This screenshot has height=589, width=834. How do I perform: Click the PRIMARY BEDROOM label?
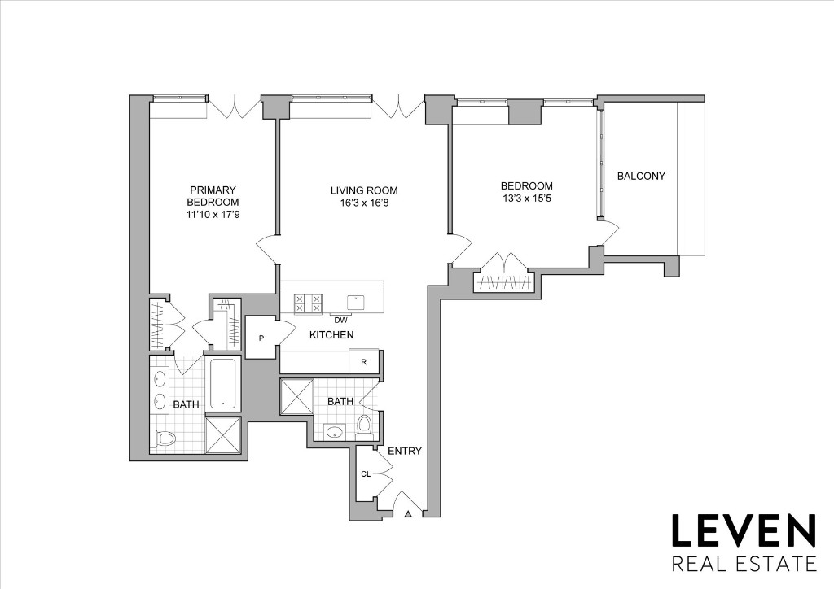213,196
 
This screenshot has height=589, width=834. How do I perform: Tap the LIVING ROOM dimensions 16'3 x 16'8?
364,203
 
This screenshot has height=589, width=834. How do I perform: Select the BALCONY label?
641,176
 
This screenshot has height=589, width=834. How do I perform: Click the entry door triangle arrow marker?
409,513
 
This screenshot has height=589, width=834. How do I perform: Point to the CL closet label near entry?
366,474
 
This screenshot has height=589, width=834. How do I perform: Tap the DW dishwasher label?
340,320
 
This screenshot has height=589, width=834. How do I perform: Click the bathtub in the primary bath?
223,382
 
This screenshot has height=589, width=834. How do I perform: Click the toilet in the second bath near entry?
365,424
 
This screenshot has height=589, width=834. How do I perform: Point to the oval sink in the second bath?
333,432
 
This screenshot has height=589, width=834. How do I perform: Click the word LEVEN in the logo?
743,530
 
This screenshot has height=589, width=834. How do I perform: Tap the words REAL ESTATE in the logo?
743,563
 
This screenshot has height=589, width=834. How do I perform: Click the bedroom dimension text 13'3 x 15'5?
527,198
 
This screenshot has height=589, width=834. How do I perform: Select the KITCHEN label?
331,335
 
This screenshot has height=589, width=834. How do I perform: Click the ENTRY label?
405,451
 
